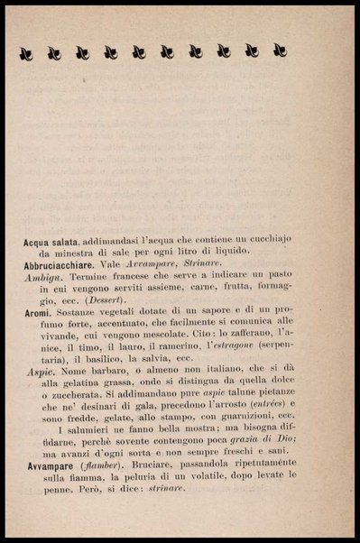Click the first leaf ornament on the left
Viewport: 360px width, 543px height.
tap(26, 53)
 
